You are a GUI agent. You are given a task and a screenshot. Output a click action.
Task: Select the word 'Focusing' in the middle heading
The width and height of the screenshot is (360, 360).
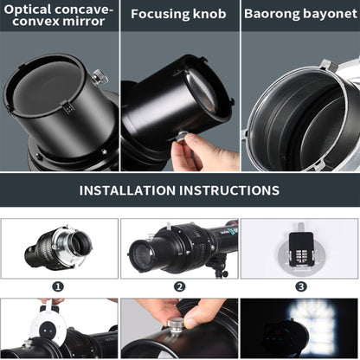(x=161, y=14)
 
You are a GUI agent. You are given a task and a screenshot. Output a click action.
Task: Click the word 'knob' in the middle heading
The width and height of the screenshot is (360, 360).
(x=210, y=14)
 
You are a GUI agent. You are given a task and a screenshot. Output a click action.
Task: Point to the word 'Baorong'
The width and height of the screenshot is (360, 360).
(x=272, y=14)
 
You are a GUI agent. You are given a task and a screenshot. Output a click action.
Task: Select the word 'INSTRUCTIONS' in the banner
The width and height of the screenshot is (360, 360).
(x=233, y=190)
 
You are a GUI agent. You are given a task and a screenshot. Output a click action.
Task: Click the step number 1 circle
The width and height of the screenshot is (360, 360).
(x=58, y=286)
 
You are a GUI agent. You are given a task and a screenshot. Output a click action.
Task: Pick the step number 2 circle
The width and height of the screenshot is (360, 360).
(x=179, y=286)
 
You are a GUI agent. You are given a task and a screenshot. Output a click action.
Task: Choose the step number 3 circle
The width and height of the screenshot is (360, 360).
(x=300, y=286)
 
